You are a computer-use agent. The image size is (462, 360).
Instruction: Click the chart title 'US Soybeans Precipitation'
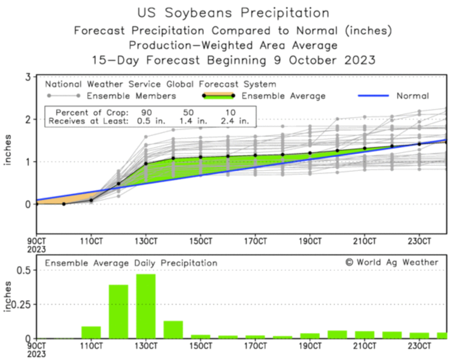233,13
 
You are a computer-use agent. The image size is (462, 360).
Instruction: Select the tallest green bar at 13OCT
146,306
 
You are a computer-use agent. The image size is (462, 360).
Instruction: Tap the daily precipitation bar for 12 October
118,311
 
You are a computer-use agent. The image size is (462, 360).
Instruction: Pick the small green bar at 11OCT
91,332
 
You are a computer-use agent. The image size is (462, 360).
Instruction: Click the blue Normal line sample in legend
373,96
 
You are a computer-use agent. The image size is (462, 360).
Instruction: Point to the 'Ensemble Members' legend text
131,96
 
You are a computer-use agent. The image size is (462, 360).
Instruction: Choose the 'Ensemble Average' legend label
283,96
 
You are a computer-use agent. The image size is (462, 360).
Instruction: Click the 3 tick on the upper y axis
28,77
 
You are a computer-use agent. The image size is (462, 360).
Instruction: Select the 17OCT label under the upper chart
255,241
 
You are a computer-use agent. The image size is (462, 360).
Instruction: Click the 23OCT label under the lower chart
420,346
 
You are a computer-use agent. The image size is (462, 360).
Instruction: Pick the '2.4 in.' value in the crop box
234,121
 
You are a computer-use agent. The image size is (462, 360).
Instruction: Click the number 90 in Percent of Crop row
146,112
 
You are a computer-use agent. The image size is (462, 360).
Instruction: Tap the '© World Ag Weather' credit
392,262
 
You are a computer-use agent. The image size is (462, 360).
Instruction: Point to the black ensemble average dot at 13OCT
146,164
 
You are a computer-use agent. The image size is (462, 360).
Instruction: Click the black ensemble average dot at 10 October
64,204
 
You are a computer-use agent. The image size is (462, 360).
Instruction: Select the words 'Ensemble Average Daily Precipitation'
131,263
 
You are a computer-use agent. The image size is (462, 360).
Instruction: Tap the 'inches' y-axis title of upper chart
7,150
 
